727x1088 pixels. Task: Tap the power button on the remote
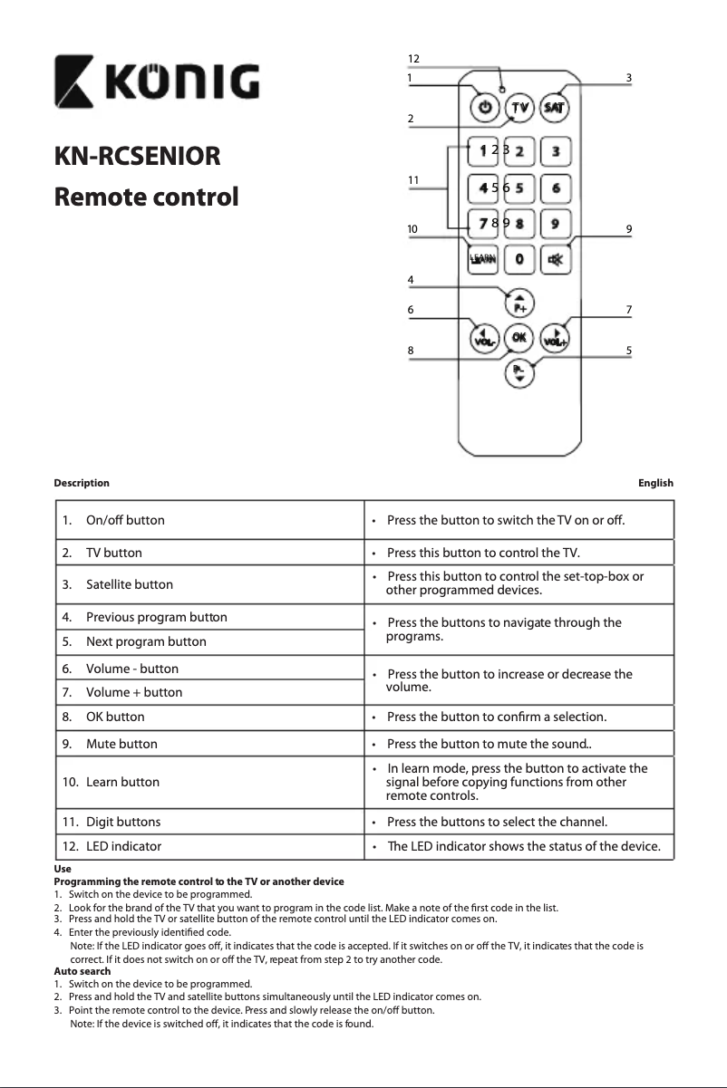pos(485,107)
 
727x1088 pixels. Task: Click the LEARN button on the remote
pos(483,259)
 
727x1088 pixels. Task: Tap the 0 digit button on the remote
pos(519,259)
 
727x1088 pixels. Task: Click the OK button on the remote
pos(519,337)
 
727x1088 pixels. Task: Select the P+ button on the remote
pos(519,303)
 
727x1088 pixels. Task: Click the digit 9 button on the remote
pos(555,221)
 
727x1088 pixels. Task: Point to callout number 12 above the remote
pos(413,59)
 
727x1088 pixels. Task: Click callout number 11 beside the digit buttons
pos(413,180)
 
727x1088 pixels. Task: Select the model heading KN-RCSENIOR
pos(137,156)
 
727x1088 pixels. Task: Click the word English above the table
pos(655,483)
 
